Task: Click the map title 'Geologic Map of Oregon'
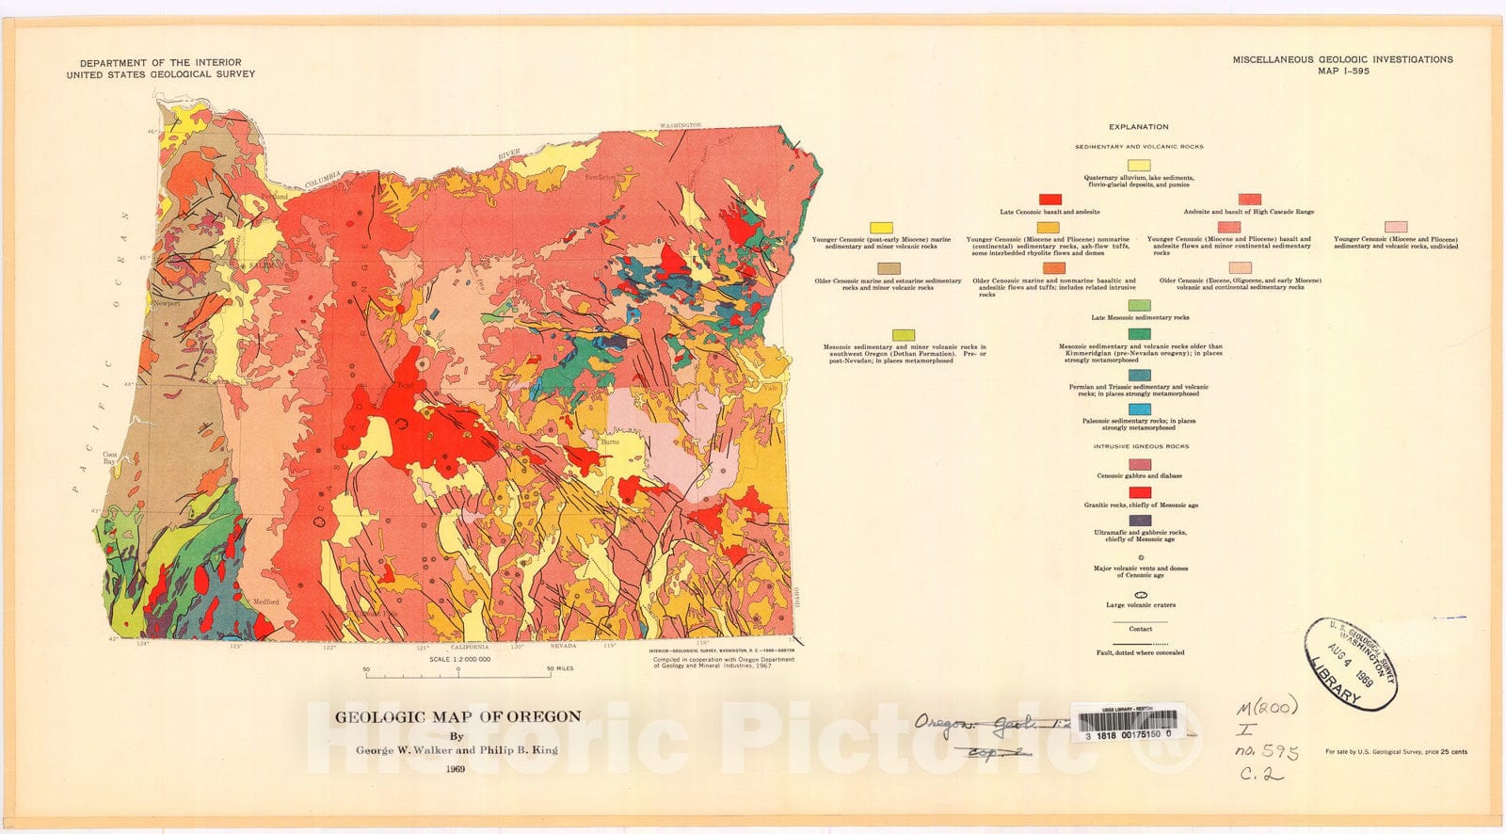458,716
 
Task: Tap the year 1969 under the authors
457,769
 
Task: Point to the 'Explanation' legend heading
1138,126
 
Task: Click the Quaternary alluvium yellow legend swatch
1138,166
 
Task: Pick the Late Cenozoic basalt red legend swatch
1049,200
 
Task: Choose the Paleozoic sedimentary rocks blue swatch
1139,409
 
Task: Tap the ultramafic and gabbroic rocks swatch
1139,521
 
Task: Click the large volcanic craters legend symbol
1140,596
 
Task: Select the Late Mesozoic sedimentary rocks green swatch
1139,306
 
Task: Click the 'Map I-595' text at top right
1343,71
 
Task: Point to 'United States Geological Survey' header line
160,73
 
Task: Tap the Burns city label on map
610,441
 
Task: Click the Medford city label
265,601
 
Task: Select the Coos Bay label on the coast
110,457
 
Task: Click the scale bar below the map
458,674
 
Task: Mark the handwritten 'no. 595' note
1266,752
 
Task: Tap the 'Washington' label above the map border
680,125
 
